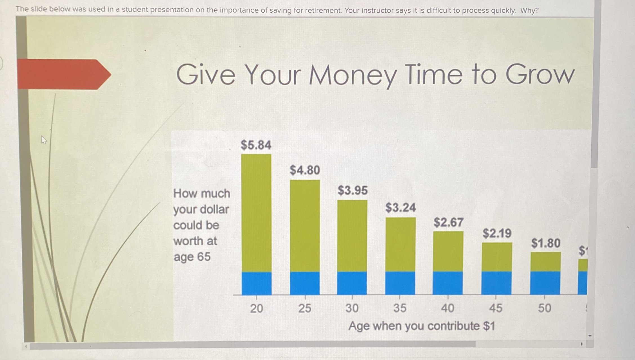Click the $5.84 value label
[x=256, y=145]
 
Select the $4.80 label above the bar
[x=305, y=170]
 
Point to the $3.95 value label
[x=353, y=191]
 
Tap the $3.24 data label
[x=400, y=208]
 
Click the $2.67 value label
[x=448, y=223]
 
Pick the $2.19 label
[x=497, y=234]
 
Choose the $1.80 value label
[x=545, y=243]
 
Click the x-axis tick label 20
[x=256, y=308]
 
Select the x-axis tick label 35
[x=400, y=308]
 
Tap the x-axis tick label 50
[x=544, y=308]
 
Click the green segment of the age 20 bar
[x=256, y=213]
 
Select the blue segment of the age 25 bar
[x=305, y=283]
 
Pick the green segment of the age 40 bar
[x=448, y=251]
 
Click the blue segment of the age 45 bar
[x=496, y=283]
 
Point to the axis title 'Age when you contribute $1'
[x=422, y=326]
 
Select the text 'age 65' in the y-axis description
[x=192, y=257]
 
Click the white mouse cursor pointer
[x=44, y=140]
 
